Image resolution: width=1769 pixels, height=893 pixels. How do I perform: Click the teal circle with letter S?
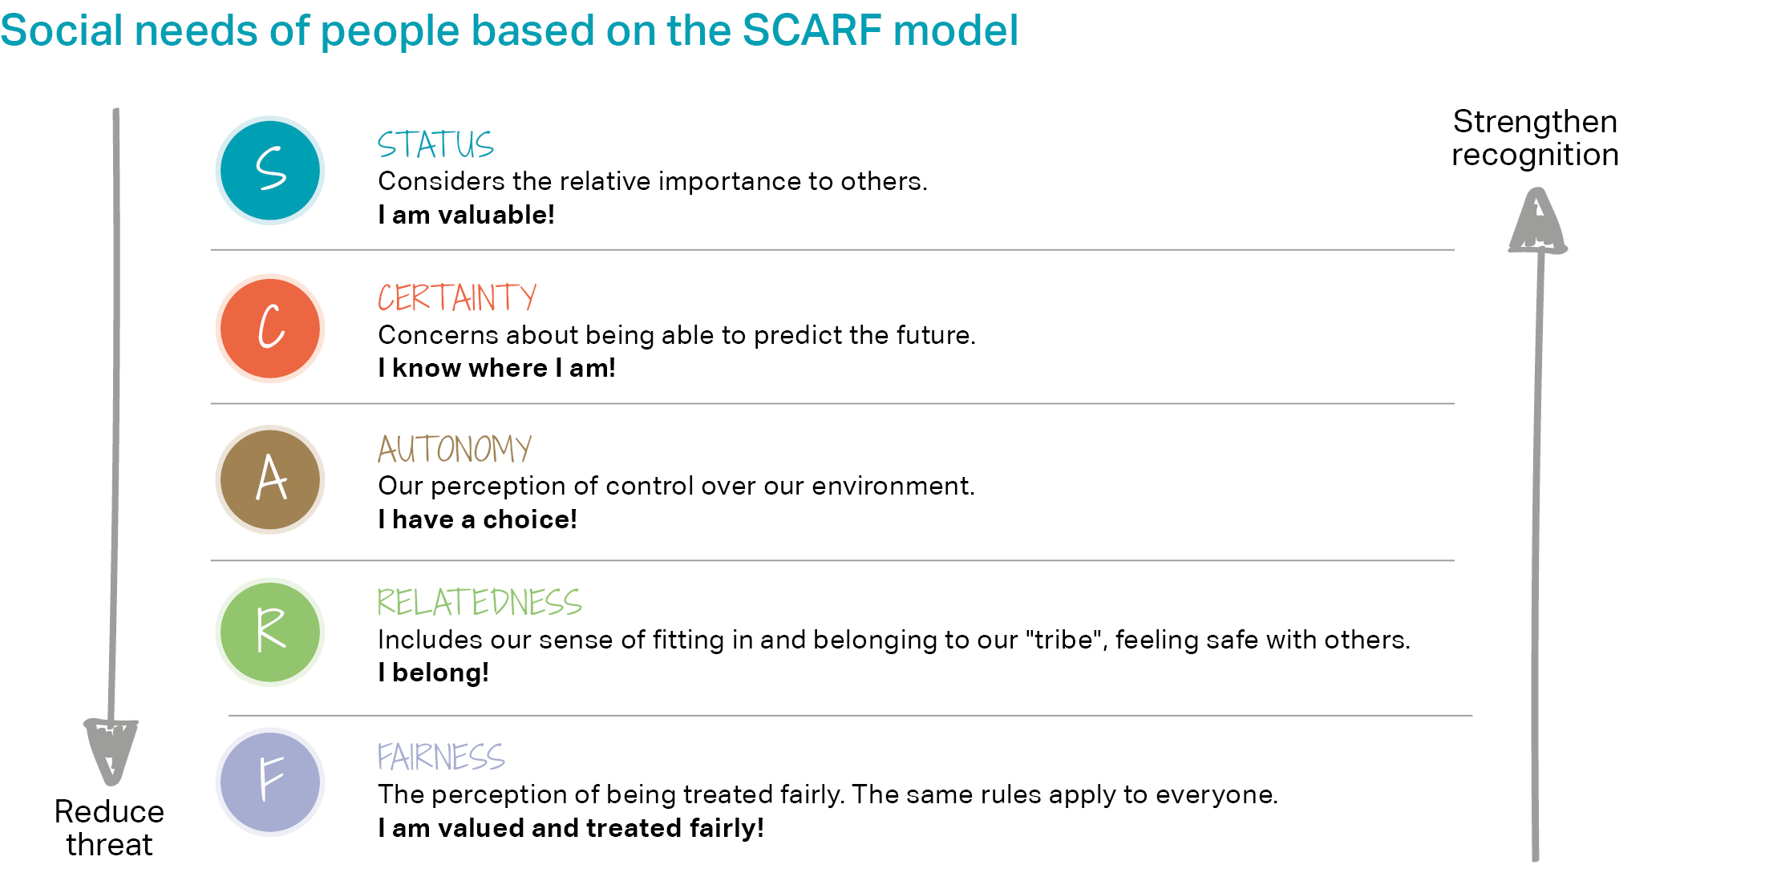point(270,170)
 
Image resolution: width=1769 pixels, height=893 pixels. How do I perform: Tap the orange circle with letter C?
point(270,329)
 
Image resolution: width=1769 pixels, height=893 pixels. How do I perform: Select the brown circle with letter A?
point(270,479)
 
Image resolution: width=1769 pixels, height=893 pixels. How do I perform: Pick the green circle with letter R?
point(270,632)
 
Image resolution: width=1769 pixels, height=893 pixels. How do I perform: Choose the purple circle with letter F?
point(270,782)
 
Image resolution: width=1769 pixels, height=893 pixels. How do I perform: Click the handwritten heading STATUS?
point(435,145)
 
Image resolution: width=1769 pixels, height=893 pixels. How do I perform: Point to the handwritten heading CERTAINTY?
point(457,297)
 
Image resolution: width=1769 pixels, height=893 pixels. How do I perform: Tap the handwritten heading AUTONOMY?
point(455,449)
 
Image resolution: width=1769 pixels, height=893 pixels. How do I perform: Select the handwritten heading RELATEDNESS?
point(480,602)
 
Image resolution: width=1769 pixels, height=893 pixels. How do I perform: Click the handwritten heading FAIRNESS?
point(441,757)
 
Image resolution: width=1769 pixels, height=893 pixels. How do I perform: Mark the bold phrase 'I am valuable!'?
point(466,215)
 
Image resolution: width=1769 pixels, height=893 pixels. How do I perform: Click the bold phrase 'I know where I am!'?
point(496,368)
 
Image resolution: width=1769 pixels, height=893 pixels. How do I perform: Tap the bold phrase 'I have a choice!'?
point(477,519)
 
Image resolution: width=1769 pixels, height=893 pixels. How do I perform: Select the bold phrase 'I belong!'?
point(433,673)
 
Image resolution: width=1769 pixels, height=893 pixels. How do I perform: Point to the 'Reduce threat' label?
point(109,828)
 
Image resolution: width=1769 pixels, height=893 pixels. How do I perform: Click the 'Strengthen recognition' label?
point(1535,138)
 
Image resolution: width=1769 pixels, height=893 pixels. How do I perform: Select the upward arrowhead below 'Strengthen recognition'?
point(1537,220)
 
